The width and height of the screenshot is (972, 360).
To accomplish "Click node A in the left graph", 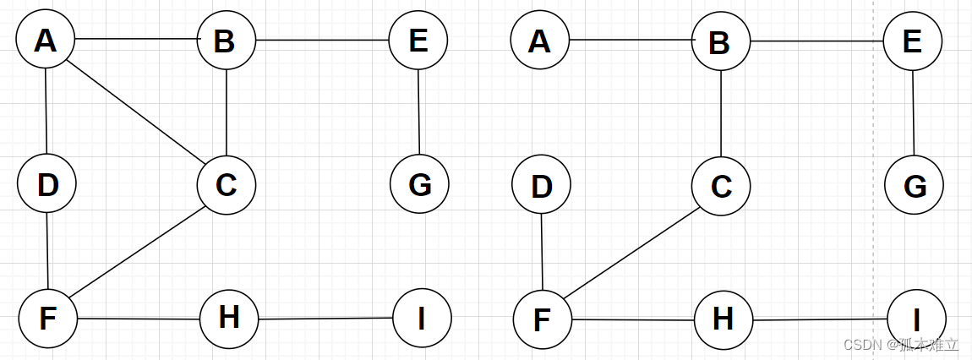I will click(x=46, y=40).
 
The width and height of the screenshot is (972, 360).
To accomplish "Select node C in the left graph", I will click(x=227, y=183).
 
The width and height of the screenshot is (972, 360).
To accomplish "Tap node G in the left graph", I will click(x=419, y=183).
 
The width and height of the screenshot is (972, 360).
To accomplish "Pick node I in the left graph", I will click(x=422, y=318).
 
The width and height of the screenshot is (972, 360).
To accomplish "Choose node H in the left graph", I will click(x=229, y=319).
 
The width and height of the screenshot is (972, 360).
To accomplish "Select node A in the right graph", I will click(x=540, y=40).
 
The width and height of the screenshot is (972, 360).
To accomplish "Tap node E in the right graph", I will click(x=913, y=41).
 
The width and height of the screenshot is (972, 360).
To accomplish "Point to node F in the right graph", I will click(x=543, y=319).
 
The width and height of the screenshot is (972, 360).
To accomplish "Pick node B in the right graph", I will click(x=720, y=41).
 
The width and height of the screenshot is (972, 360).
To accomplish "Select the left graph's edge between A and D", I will click(x=46, y=112).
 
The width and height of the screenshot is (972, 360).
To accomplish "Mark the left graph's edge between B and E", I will click(x=323, y=40).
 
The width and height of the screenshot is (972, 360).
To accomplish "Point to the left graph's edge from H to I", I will click(x=325, y=319).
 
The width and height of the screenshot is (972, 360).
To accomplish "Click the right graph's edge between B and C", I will click(x=720, y=112).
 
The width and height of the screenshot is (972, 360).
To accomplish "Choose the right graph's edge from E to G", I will click(x=913, y=112).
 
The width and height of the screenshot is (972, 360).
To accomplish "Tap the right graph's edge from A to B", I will click(x=631, y=40).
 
